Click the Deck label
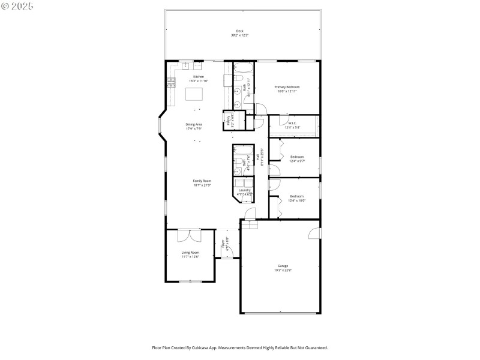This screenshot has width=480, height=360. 240,31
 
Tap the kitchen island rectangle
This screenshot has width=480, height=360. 194,94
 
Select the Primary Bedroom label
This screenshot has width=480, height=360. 287,87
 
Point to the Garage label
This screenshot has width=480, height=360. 283,265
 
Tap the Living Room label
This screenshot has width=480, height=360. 190,253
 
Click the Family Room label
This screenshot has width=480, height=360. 202,181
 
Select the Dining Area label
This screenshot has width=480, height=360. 194,124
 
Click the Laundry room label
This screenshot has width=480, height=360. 244,190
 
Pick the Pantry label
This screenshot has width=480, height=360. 228,121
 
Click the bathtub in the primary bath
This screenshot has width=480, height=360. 244,67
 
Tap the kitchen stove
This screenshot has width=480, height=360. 171,82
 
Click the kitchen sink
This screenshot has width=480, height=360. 186,65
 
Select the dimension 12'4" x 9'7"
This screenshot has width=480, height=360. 297,161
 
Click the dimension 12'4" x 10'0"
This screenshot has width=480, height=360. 297,200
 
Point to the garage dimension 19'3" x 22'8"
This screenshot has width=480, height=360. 283,269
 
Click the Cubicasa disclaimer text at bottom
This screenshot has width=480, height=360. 240,347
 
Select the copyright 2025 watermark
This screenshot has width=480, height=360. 17,5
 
